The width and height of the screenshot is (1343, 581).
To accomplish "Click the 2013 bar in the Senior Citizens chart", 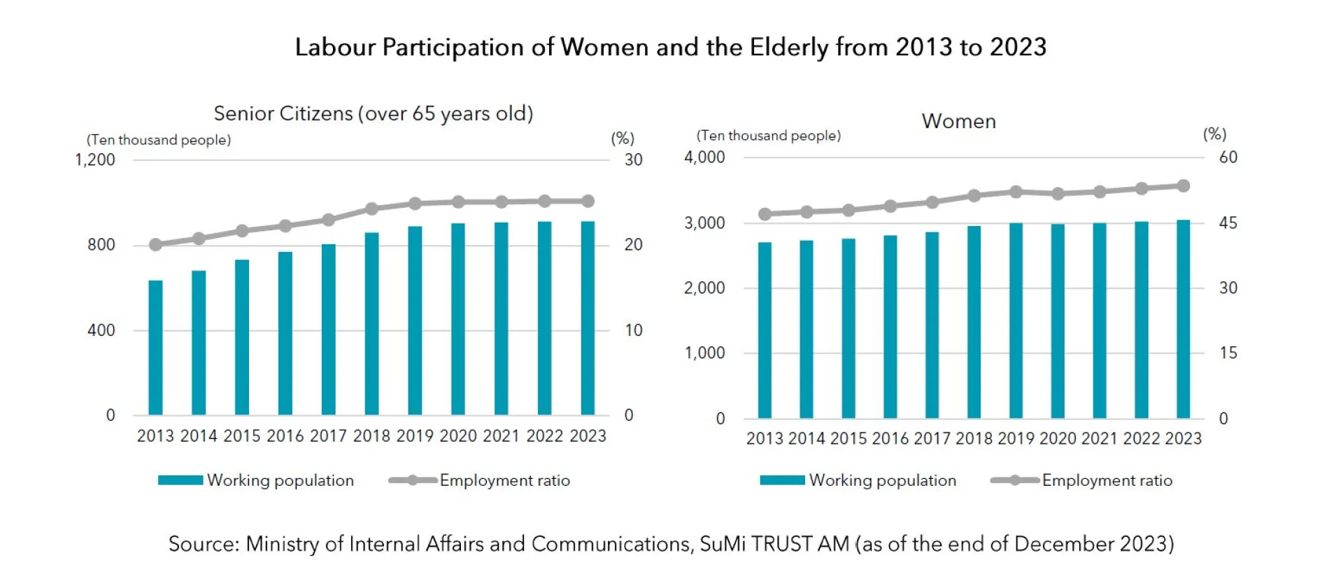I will coord(155,348).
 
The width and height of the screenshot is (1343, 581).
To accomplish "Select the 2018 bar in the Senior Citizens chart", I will coord(371,323).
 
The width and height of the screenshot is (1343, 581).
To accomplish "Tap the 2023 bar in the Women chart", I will coord(1183,319).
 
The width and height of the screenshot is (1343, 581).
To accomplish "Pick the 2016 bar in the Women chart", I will coord(890,327).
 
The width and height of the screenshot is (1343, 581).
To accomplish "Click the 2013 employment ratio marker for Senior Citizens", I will coord(155,244).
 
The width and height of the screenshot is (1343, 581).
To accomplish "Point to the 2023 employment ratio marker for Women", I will coord(1183,186).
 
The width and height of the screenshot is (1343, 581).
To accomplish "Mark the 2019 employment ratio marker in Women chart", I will coord(1016,192).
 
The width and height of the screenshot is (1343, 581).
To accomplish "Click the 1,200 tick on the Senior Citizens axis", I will coord(94,160).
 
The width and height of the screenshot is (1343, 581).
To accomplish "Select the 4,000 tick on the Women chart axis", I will coord(704,157).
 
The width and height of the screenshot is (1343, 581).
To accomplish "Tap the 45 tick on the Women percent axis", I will coord(1228,223).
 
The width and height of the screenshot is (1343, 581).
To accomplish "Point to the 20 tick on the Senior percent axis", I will coord(633,245).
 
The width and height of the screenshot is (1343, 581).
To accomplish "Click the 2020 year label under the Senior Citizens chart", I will coord(458,436).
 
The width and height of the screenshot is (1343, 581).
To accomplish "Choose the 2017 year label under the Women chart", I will coord(932,439).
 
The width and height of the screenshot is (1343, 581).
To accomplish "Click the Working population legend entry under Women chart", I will coord(882,480).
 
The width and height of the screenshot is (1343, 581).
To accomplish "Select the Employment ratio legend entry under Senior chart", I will coord(504,480).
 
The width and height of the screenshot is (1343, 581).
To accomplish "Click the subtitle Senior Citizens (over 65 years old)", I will coord(373,113).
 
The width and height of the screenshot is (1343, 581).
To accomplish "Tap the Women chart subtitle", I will coord(958,121).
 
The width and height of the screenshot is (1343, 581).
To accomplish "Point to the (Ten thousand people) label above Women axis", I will coord(768,135).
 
